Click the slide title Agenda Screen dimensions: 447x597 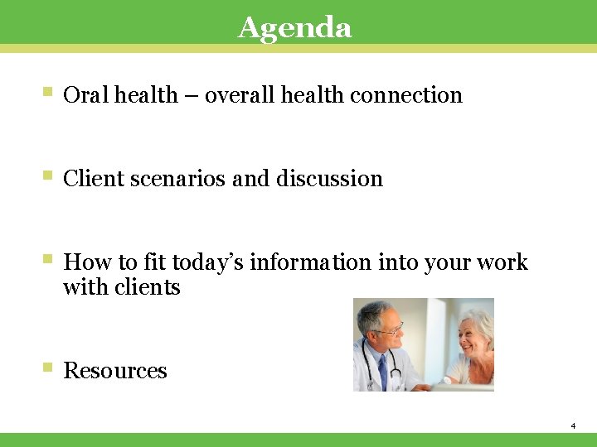tap(294, 27)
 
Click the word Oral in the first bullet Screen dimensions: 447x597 tap(86, 95)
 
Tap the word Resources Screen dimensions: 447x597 tap(115, 371)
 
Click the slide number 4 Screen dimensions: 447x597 tap(573, 425)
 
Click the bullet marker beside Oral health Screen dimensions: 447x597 tap(48, 93)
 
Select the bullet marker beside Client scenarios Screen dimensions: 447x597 tap(48, 176)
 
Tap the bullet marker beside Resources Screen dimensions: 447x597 tap(48, 368)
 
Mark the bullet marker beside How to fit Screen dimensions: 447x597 tap(48, 260)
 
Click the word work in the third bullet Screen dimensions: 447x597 tap(504, 262)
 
